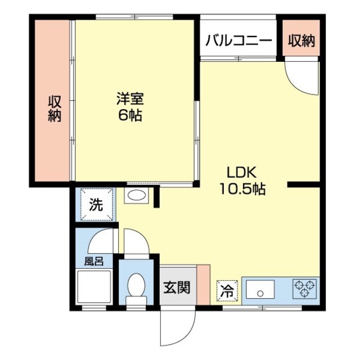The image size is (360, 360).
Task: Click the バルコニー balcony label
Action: [x=238, y=41]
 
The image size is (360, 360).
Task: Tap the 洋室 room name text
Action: [x=130, y=99]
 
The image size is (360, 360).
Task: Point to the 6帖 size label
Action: [x=130, y=115]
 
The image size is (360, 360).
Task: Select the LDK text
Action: [x=241, y=173]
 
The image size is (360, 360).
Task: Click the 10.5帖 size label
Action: [x=242, y=189]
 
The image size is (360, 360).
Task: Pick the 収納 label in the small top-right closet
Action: [x=301, y=40]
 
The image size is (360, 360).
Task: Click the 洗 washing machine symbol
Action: [x=97, y=204]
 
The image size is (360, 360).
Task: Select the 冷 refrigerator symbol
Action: [x=227, y=290]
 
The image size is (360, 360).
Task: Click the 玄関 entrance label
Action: [x=177, y=287]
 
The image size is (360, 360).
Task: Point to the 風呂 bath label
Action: [x=94, y=261]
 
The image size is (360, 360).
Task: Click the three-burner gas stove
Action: [x=305, y=289]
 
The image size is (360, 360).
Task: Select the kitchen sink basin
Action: [x=260, y=289]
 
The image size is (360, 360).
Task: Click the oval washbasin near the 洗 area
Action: [x=137, y=195]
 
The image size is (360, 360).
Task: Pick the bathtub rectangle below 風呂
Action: [x=94, y=287]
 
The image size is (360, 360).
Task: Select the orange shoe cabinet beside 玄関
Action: [x=204, y=285]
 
